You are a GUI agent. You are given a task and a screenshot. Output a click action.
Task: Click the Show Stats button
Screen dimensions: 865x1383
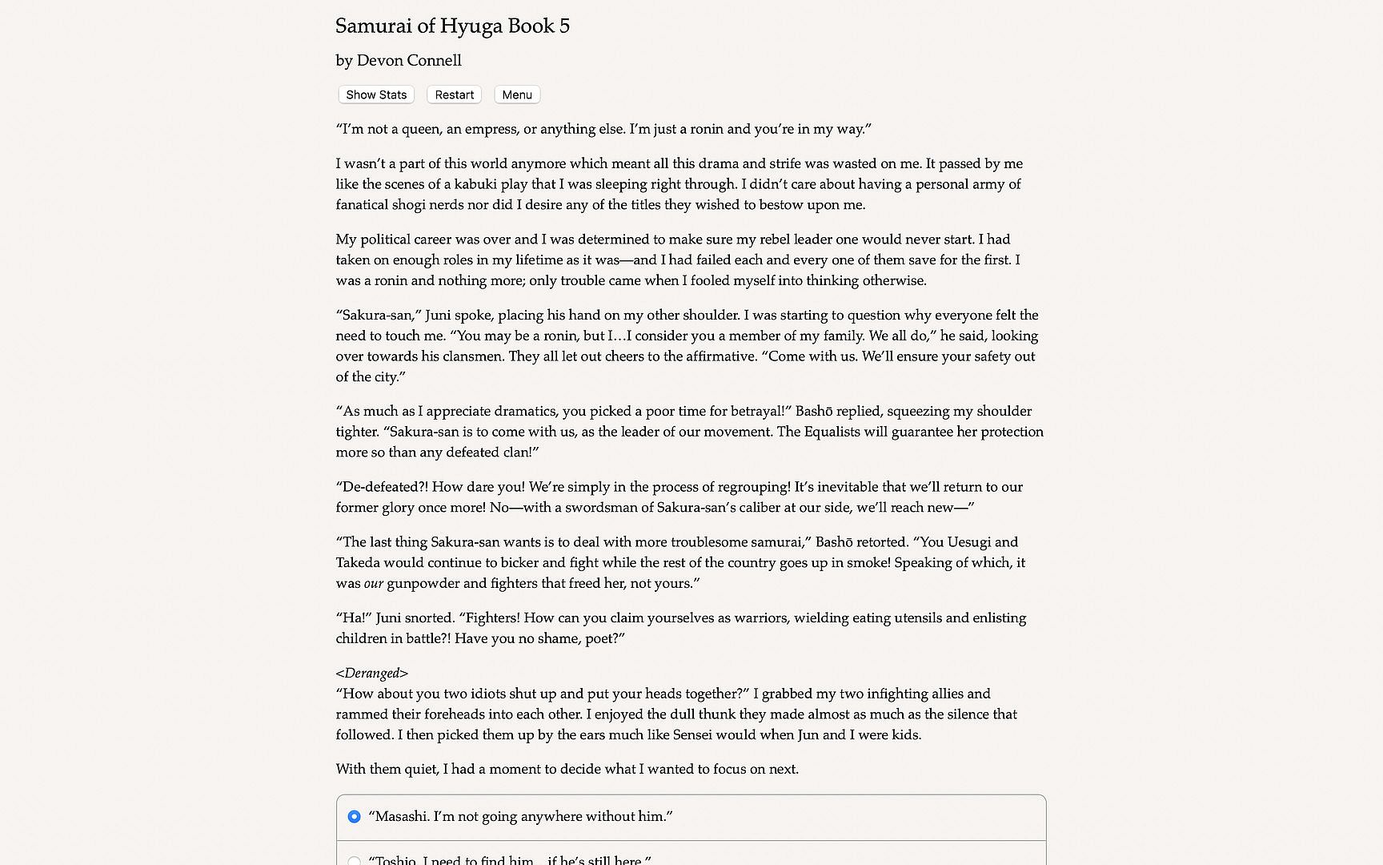click(376, 95)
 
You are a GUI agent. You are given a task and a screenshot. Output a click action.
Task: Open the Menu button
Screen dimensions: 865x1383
click(517, 95)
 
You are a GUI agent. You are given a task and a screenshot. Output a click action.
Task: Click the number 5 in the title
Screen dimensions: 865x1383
click(564, 26)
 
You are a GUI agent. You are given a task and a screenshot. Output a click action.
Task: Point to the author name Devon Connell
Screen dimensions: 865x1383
click(409, 61)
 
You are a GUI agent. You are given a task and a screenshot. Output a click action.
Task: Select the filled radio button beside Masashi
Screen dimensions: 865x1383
click(354, 817)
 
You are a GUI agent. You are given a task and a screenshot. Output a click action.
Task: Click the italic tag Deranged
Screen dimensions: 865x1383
click(372, 674)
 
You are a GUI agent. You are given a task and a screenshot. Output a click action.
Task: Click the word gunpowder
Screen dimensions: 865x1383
click(423, 584)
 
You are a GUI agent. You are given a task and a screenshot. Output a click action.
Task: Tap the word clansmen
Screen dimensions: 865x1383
click(472, 356)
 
